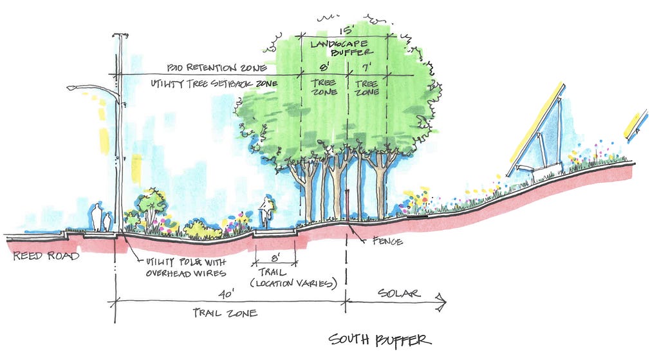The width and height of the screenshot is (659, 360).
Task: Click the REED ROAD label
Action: click(46, 255)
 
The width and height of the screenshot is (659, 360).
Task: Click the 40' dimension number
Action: click(226, 294)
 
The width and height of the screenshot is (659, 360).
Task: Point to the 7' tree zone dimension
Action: click(367, 67)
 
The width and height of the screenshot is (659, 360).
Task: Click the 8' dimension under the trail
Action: click(275, 256)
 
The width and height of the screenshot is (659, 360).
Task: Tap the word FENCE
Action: click(387, 241)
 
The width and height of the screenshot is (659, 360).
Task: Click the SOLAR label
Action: click(399, 293)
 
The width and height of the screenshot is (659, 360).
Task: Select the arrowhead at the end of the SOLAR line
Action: click(441, 302)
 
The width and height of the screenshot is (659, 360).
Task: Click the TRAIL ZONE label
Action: click(225, 313)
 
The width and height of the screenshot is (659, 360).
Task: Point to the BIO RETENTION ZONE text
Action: click(216, 68)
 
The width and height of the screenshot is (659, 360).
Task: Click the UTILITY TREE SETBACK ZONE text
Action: click(214, 83)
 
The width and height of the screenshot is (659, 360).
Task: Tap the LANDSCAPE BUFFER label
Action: click(342, 48)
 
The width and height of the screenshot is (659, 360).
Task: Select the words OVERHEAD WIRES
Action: click(186, 273)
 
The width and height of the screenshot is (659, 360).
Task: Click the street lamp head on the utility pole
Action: click(72, 88)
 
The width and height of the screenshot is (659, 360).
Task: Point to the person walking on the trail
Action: click(266, 213)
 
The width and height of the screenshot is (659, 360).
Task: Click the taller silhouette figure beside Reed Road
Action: click(97, 217)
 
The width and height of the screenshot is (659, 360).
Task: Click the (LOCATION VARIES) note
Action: click(293, 283)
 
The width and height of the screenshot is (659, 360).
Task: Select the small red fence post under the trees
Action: click(348, 205)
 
